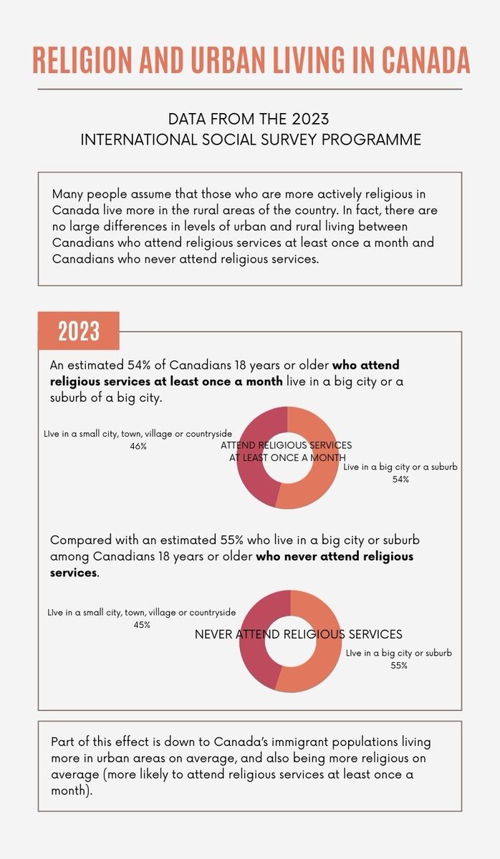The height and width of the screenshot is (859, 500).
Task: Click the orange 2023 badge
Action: tap(79, 331)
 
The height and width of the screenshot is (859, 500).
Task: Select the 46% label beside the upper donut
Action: tap(138, 446)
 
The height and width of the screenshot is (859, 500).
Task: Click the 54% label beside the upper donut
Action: tap(400, 479)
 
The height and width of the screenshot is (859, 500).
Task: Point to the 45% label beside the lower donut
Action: tap(141, 624)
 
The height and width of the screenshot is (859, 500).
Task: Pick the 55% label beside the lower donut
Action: tap(399, 665)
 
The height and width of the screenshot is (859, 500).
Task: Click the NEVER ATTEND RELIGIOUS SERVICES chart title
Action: tap(298, 634)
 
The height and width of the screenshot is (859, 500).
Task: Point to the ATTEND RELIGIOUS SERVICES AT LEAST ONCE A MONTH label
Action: tap(287, 451)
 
